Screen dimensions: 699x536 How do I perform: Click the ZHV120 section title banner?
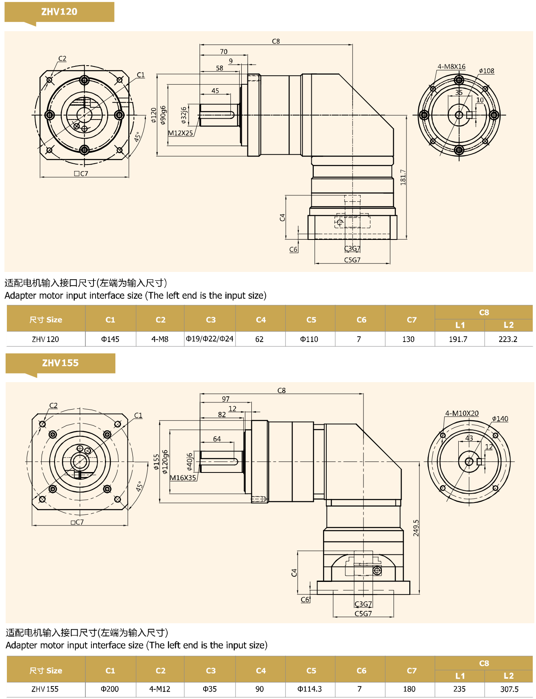click(x=59, y=12)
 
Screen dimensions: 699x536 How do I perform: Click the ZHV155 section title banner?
click(x=60, y=363)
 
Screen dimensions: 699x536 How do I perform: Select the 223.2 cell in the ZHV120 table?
click(x=508, y=339)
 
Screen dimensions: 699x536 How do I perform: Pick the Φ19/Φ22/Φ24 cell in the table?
click(x=210, y=339)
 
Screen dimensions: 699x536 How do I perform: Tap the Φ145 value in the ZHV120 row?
click(x=110, y=339)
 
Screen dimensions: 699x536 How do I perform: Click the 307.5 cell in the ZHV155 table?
click(x=509, y=689)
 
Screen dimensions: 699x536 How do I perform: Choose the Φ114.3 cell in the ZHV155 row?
click(x=310, y=689)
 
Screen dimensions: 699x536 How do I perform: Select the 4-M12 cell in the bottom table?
click(x=160, y=689)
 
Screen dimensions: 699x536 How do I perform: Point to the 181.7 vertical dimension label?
click(x=403, y=177)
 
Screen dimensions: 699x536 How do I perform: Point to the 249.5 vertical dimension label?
click(x=416, y=528)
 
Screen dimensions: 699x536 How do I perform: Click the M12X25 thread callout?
click(x=181, y=133)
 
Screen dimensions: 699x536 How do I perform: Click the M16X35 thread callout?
click(x=183, y=478)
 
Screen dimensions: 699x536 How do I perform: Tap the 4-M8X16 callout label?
click(x=451, y=67)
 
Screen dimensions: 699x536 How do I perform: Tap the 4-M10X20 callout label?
click(x=462, y=413)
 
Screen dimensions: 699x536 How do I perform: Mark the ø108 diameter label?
click(x=487, y=71)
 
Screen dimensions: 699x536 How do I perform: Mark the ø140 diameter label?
click(x=500, y=419)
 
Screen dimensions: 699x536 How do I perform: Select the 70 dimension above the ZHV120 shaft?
click(x=224, y=52)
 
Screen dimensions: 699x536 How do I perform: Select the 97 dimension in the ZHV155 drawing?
click(x=225, y=399)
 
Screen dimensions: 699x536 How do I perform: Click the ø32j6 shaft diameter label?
click(x=184, y=115)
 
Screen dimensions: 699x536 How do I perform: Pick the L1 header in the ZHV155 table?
click(x=460, y=676)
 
